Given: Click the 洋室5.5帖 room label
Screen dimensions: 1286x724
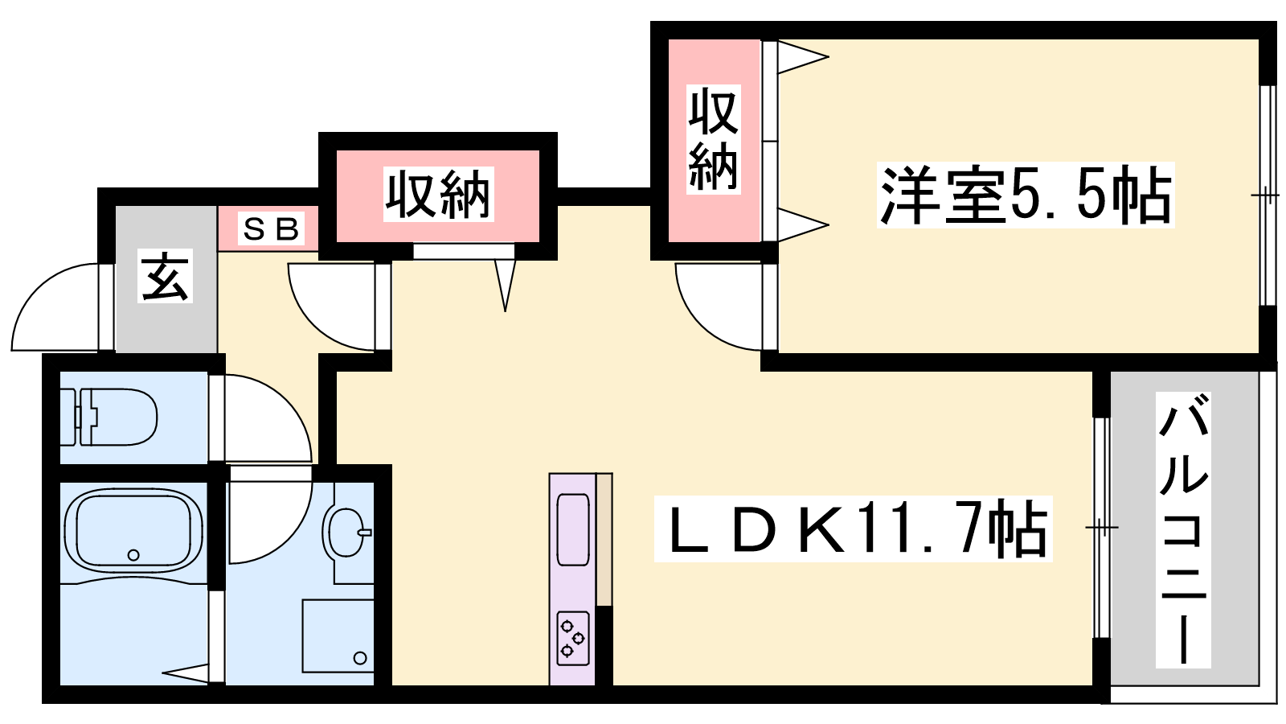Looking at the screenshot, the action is pos(1026,195).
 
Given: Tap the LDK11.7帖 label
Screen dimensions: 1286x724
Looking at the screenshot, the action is pos(853,529).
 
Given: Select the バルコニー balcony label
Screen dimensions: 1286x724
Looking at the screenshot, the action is pos(1182,530).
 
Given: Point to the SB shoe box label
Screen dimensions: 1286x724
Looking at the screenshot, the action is pos(271,229).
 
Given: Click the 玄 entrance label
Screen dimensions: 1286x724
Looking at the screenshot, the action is pos(165,277).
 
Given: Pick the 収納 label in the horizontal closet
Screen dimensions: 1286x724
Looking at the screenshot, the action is pos(439,194).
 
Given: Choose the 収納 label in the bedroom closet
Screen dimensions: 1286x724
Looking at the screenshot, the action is pos(714,140).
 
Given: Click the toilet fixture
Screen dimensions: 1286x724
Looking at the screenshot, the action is pos(109,417).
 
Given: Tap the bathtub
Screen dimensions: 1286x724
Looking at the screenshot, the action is pos(133,529).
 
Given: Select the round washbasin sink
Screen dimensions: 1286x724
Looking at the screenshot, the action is pos(346,532).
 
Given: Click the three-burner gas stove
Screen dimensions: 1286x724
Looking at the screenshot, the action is pos(572,639).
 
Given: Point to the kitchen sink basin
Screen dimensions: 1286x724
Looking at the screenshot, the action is pos(573,529).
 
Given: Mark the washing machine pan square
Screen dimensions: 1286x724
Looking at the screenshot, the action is pos(338,636).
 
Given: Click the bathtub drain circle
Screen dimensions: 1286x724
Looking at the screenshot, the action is pos(133,555).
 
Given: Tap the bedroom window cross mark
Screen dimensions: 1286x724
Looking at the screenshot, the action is pos(1265,196).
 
